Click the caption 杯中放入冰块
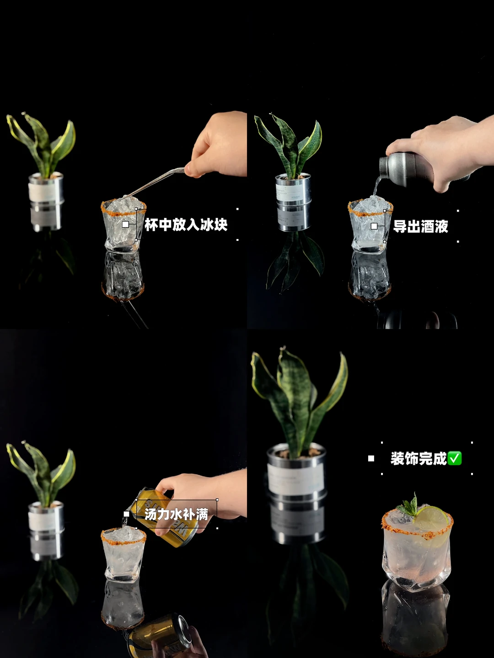186,224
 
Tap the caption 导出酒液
420,226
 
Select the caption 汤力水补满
177,514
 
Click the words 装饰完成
419,458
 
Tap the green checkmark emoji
455,458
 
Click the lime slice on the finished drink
431,519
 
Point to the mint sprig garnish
408,506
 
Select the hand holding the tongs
216,145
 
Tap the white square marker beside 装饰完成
371,458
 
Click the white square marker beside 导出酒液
374,226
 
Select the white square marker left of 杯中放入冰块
126,224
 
